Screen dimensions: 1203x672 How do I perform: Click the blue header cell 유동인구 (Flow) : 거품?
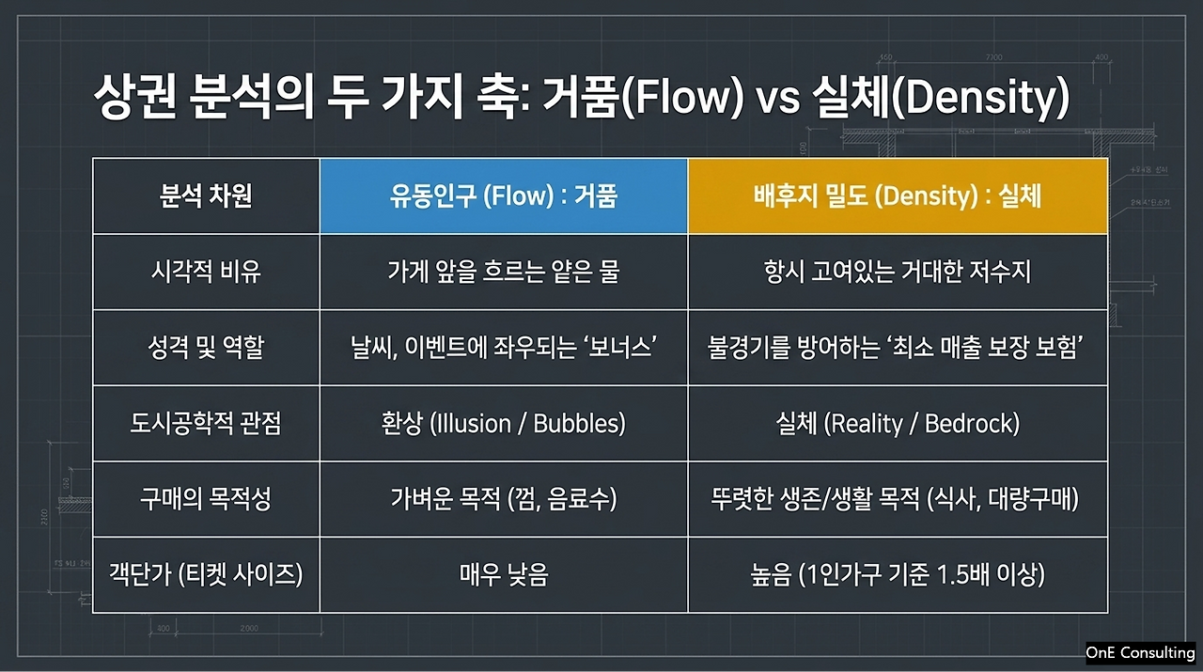click(503, 196)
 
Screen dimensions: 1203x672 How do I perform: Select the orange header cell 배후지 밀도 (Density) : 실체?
click(898, 196)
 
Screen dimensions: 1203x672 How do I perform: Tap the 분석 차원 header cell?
click(206, 196)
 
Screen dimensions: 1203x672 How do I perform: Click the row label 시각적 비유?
click(206, 272)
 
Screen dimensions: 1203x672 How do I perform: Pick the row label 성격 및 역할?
click(206, 348)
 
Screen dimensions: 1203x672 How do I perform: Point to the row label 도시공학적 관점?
click(206, 423)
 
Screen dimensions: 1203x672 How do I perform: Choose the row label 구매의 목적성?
click(206, 499)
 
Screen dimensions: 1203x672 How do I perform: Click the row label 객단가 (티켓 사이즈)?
click(206, 575)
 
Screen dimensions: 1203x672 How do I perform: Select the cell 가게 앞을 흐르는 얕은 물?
click(503, 272)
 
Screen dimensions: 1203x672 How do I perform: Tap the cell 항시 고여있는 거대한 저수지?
click(898, 272)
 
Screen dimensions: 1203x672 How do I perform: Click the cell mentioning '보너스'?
click(503, 348)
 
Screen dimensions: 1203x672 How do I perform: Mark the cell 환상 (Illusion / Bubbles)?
click(503, 423)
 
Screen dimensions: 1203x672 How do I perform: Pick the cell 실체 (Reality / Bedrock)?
click(898, 423)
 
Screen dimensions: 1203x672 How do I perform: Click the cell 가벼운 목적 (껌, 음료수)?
click(503, 499)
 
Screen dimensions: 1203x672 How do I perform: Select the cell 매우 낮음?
click(503, 575)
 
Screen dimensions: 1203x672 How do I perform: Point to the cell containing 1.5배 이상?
click(898, 575)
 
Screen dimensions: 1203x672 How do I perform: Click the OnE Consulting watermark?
click(1140, 652)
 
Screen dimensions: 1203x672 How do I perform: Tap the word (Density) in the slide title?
click(980, 98)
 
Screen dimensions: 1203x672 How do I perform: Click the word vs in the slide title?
click(777, 100)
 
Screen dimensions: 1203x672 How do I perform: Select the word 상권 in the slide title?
click(134, 97)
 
